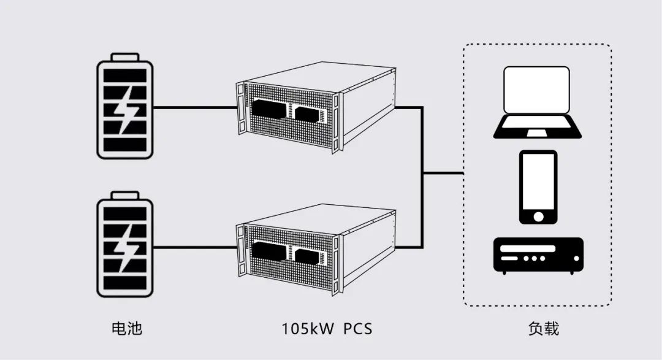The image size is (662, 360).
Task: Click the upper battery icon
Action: (125, 106)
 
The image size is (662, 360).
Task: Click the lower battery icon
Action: (125, 244)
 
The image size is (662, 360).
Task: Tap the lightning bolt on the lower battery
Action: (126, 248)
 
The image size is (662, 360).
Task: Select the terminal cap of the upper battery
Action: (125, 57)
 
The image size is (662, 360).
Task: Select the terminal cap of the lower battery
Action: (125, 195)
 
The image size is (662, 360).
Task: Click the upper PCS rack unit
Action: (316, 107)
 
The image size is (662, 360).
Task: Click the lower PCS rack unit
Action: (316, 249)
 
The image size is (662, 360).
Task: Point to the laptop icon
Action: (537, 102)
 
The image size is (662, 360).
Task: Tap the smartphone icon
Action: (538, 187)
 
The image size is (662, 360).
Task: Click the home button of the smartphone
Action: (538, 216)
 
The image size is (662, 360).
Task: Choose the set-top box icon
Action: (539, 256)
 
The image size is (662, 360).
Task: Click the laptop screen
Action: (536, 90)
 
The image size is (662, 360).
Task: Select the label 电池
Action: (127, 328)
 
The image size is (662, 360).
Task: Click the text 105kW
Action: (308, 329)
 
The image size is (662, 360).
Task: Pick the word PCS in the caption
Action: (357, 329)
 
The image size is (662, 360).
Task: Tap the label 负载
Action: (544, 328)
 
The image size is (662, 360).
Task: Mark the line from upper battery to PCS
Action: (195, 108)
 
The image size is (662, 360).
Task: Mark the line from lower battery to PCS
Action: (195, 247)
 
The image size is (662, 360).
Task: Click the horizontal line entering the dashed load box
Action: (443, 173)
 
